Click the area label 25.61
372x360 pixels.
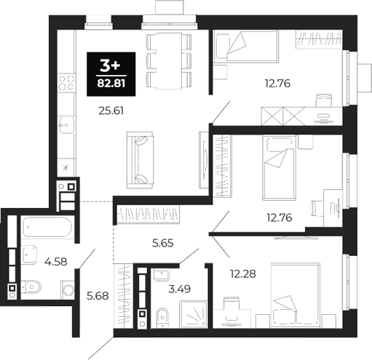[x=109, y=111]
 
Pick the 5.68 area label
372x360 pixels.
[x=98, y=295]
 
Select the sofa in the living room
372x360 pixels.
[x=139, y=158]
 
